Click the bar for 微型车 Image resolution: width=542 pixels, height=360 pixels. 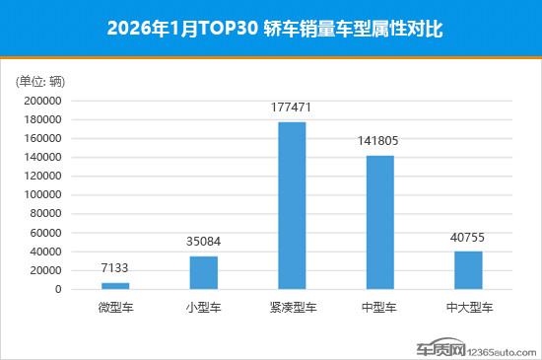coord(115,286)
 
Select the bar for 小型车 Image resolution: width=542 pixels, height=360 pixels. coord(204,272)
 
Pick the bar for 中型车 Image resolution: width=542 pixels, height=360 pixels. coord(380,222)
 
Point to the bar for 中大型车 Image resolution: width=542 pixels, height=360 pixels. coord(469,270)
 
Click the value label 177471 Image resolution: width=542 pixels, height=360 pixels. coord(293,107)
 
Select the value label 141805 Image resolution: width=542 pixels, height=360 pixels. coord(380,140)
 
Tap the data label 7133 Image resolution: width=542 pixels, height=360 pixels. coord(115,267)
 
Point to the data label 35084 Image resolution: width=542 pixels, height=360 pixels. coord(204,241)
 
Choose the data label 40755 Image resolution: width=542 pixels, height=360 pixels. coord(469,236)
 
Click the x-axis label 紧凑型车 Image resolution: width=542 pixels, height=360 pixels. coord(293,307)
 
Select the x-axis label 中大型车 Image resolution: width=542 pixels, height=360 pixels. coord(469,307)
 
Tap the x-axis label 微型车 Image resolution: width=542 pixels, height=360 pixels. coord(115,307)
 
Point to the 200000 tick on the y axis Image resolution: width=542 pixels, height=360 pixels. coord(44,101)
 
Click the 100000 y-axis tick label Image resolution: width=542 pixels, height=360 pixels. coord(44,195)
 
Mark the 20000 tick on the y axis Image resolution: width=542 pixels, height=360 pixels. coord(47,270)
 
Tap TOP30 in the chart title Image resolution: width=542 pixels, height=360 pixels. coord(233,30)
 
